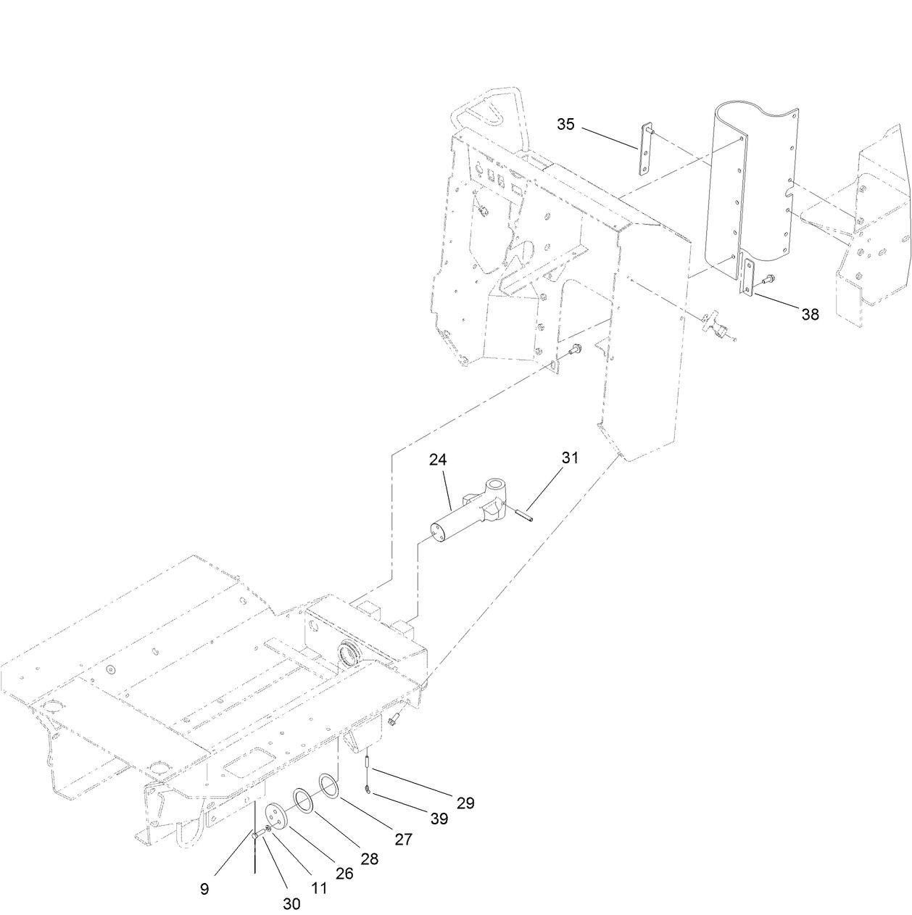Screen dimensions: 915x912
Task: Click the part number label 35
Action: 565,124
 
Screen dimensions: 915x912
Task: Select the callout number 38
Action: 810,314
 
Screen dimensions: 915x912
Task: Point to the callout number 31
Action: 571,457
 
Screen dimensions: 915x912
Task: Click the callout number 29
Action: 465,803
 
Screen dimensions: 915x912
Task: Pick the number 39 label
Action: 438,819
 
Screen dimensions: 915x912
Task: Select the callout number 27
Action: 403,839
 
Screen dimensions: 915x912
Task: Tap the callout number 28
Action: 369,859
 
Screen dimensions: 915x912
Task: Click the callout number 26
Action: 344,874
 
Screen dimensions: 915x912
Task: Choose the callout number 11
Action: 319,887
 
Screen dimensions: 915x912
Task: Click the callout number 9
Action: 205,887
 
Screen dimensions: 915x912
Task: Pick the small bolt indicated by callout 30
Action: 256,836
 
